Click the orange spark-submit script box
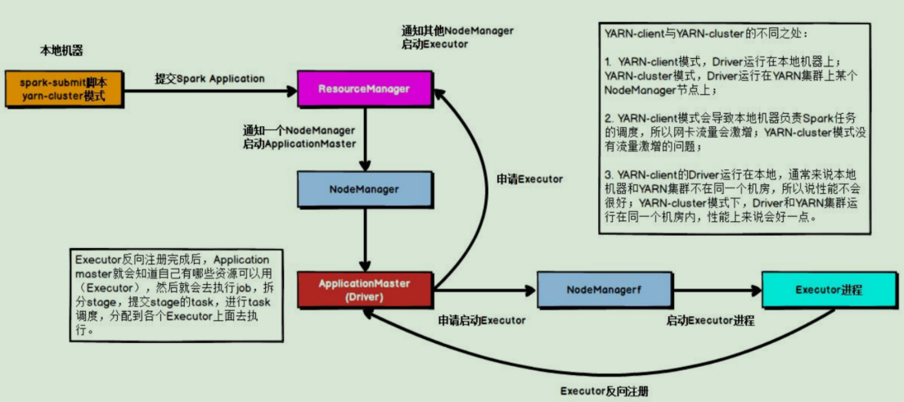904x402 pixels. (65, 89)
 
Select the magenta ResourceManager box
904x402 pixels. (364, 88)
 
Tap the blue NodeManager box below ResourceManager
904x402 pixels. (364, 189)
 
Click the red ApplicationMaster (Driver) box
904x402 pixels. (364, 289)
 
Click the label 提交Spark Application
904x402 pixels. (210, 79)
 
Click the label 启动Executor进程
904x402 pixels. (709, 320)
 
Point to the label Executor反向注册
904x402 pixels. (604, 391)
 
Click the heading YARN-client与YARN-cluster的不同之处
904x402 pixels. (705, 34)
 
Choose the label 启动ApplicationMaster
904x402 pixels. (299, 143)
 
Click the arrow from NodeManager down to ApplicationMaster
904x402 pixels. (364, 237)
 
